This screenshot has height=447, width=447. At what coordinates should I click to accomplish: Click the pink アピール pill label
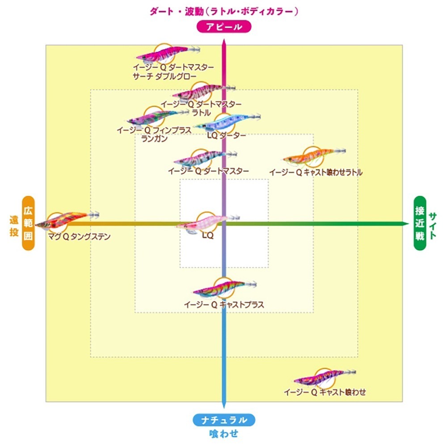click(x=224, y=27)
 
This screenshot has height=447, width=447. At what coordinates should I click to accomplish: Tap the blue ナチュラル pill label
click(x=224, y=420)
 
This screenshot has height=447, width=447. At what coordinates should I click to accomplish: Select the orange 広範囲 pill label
click(x=28, y=223)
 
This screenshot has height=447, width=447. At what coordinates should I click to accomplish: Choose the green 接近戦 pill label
click(x=419, y=223)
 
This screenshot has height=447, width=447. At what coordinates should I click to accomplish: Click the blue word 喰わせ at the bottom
click(x=223, y=433)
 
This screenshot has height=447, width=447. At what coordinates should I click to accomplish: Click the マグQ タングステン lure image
click(x=63, y=219)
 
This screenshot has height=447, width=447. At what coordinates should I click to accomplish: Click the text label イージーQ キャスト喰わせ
click(x=325, y=392)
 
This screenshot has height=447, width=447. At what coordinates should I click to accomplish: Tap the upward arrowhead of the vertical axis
click(x=224, y=43)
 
